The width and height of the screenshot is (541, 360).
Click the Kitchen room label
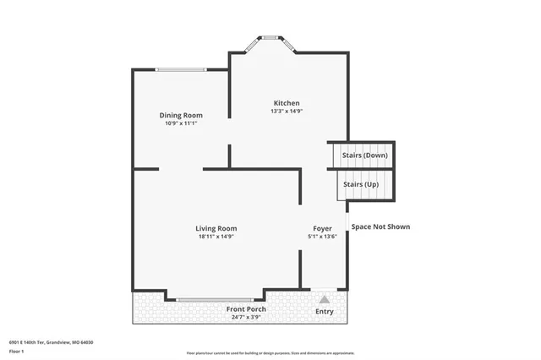(x=286, y=102)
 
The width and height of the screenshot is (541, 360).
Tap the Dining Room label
(x=181, y=115)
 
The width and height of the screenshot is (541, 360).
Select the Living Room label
(x=216, y=228)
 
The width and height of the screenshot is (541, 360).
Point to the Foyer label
(x=322, y=228)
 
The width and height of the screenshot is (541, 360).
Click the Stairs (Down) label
(x=364, y=155)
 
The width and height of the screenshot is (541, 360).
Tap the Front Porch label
(x=246, y=309)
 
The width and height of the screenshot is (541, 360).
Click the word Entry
(x=324, y=312)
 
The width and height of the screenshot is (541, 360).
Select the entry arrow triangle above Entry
(x=324, y=298)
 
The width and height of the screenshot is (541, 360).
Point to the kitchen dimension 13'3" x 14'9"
(x=286, y=111)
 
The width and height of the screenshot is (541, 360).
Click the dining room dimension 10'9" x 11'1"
(x=181, y=123)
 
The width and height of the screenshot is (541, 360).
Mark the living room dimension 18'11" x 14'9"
(x=216, y=237)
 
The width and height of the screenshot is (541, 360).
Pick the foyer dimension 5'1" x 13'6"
(x=322, y=237)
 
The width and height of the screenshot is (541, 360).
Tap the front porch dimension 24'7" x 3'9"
(x=246, y=318)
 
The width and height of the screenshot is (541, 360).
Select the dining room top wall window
(x=181, y=69)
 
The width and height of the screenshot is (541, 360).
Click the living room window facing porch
(x=215, y=298)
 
